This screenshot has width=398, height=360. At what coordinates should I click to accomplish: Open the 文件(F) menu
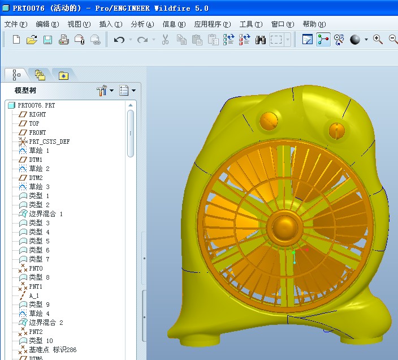(16, 24)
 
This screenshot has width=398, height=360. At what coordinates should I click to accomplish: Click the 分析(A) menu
(142, 24)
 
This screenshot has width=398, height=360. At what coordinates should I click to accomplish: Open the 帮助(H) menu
(314, 24)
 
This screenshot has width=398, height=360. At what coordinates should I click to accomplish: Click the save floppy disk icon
(47, 40)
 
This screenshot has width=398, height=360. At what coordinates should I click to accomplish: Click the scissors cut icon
(165, 40)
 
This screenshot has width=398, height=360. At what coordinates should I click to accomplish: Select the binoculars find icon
(260, 40)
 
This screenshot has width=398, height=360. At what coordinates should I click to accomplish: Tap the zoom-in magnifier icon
(378, 40)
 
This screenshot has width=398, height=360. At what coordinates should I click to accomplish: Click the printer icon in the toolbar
(64, 40)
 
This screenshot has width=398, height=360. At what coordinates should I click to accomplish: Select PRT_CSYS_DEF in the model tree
(49, 142)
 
